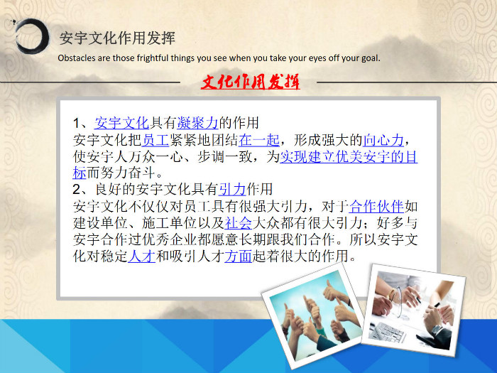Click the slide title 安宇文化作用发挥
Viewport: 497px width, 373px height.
click(117, 38)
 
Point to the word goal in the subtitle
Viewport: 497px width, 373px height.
click(371, 58)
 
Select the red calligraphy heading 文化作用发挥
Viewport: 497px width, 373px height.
click(250, 82)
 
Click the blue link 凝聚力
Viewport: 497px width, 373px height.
click(198, 123)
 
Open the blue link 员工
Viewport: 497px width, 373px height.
click(155, 140)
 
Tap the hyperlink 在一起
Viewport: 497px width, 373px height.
click(259, 140)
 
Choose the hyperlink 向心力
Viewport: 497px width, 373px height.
click(383, 140)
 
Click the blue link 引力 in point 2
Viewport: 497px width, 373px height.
click(232, 190)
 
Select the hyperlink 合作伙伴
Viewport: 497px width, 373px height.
click(376, 207)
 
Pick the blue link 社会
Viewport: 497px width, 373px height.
click(239, 223)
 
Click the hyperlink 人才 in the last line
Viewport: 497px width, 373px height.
click(142, 256)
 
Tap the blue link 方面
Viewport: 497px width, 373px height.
click(239, 256)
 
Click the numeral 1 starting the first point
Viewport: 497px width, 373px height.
click(77, 123)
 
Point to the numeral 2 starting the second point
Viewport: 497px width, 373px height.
click(77, 190)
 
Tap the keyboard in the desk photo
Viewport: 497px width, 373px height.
click(388, 332)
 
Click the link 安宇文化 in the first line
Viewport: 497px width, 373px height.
click(121, 123)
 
